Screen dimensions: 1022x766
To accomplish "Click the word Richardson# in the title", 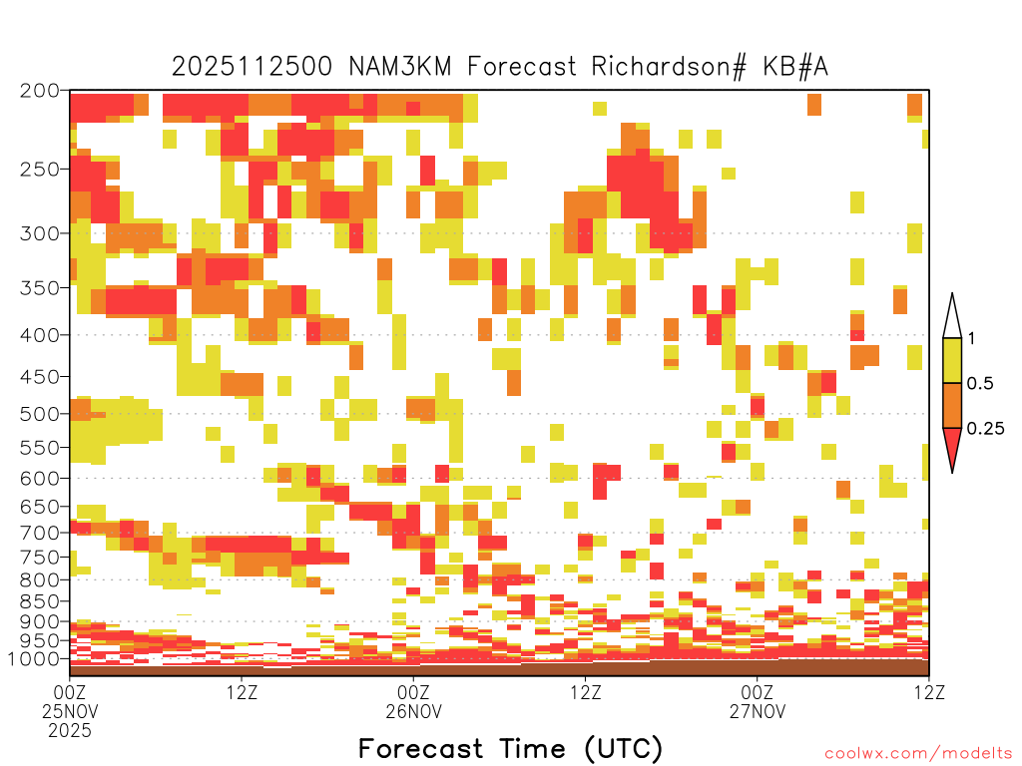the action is pos(668,67).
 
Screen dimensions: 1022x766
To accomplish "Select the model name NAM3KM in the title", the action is pos(399,67).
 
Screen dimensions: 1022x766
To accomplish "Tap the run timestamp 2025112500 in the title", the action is pos(252,67).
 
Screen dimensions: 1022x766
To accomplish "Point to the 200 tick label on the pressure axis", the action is pos(39,91).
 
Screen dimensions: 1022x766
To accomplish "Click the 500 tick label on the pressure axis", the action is pos(39,414).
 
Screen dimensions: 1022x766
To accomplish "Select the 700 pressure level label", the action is pos(39,533).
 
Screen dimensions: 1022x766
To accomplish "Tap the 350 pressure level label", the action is pos(39,287).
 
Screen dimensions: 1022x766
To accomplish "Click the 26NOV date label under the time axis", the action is pos(414,711).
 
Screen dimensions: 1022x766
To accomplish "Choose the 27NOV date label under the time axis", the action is pos(758,711).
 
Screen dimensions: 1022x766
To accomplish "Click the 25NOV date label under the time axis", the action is pos(70,711).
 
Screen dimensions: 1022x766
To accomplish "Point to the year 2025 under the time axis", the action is pos(70,731).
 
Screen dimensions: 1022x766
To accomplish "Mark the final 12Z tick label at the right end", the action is pos(929,692).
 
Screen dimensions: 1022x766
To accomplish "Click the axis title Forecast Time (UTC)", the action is pos(510,749).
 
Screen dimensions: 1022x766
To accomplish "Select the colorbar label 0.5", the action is pos(980,383).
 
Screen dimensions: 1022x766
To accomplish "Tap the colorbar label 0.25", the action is pos(985,428).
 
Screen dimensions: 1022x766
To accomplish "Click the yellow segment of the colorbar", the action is pos(952,360).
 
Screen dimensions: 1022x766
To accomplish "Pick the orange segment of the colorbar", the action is pos(952,405).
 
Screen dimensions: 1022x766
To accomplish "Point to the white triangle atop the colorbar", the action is pos(952,318).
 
